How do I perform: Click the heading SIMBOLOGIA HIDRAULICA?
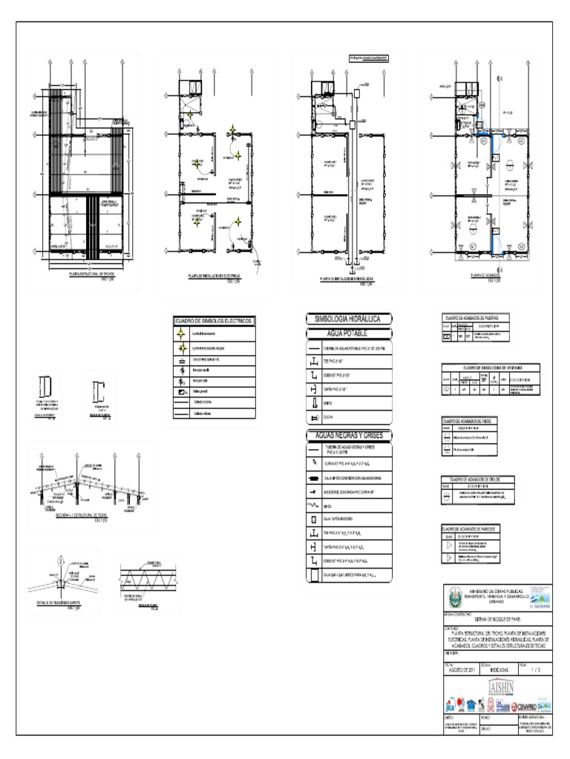click(347, 318)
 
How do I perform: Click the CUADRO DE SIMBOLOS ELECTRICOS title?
click(213, 320)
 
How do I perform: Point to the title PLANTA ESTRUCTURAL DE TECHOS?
click(81, 274)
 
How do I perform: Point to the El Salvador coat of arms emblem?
click(452, 596)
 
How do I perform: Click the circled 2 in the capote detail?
click(61, 557)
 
